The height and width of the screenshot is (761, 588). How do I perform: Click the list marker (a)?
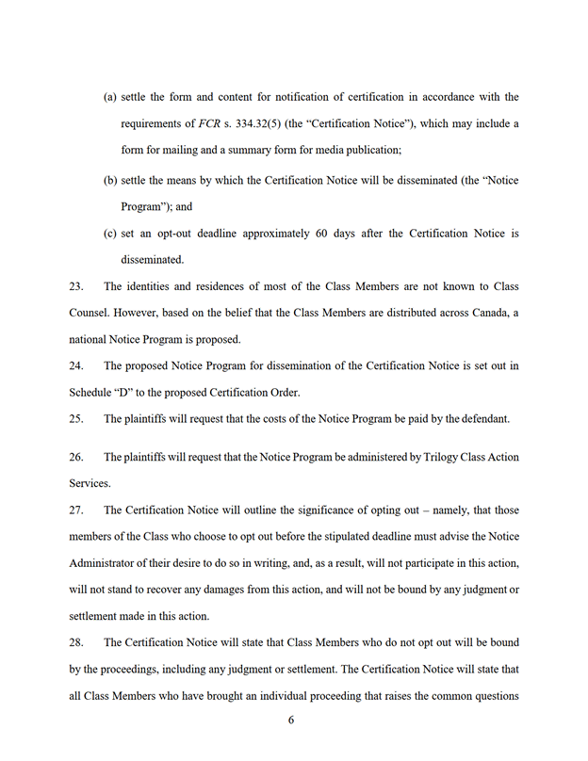coord(109,97)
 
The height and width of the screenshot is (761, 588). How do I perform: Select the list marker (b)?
coord(109,180)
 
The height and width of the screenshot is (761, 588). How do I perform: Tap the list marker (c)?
coord(109,233)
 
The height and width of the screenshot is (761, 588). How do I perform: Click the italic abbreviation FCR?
coord(209,123)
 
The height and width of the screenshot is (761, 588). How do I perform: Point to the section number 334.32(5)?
coord(262,123)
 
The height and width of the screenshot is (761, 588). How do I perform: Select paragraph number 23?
coord(76,286)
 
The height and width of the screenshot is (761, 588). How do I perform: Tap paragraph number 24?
coord(76,365)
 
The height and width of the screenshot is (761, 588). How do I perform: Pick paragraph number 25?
coord(76,418)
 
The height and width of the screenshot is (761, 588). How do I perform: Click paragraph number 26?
coord(76,457)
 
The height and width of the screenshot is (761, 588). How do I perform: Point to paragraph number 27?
coord(76,510)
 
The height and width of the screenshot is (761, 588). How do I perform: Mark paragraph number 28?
coord(76,642)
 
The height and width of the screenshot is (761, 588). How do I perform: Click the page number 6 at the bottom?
coord(291,720)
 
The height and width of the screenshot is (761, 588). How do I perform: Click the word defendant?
coord(488,418)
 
